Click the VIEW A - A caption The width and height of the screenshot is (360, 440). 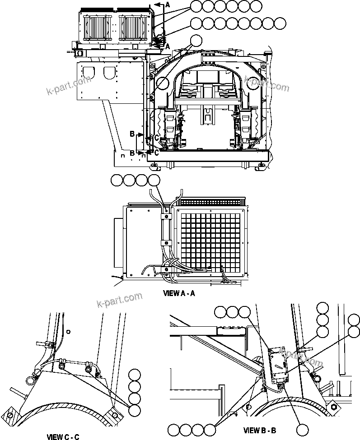click(178, 293)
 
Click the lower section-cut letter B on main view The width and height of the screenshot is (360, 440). click(132, 153)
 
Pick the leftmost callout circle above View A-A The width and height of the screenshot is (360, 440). click(117, 181)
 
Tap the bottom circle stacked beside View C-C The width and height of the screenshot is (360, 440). click(134, 410)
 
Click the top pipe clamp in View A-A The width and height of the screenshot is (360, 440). click(166, 217)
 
